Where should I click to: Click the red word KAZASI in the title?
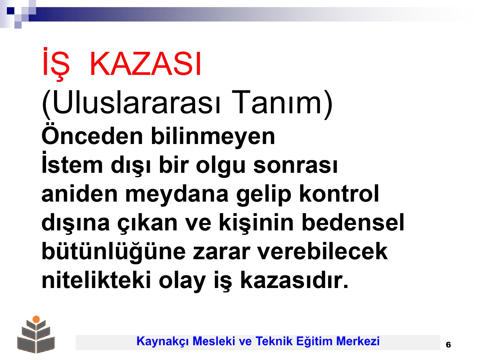pos(145,64)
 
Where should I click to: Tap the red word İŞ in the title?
pos(56,64)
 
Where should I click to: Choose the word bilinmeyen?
pos(213,136)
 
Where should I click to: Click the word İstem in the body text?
pos(72,163)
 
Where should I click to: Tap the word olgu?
pos(221,164)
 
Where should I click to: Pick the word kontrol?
pos(339,193)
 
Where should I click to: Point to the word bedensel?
pos(353,222)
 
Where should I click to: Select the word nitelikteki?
pos(96,280)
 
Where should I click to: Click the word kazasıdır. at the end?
pos(294,280)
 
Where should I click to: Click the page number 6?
pos(448,345)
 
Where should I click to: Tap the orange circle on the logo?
pos(36,319)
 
